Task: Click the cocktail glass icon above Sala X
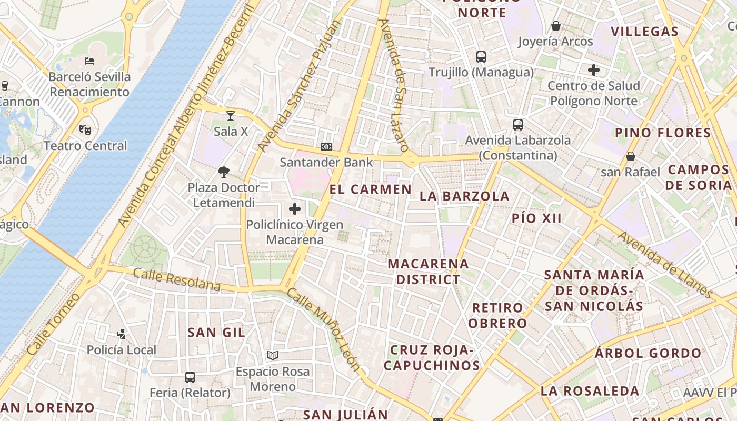pos(231,116)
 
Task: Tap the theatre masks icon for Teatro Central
pos(85,129)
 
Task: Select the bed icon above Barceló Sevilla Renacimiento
pos(89,61)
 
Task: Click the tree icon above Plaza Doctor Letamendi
pos(224,172)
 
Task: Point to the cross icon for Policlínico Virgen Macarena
pos(295,209)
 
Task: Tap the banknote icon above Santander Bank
pos(326,147)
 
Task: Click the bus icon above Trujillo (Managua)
pos(481,57)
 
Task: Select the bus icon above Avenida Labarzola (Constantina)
pos(518,125)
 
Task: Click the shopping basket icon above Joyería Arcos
pos(555,26)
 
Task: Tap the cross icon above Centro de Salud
pos(594,70)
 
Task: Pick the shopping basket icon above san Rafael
pos(630,156)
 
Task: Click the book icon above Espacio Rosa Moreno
pos(272,356)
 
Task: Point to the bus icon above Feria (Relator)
pos(190,377)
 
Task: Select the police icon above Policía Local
pos(122,334)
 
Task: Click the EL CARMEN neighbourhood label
pos(371,189)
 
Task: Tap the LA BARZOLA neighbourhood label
pos(464,196)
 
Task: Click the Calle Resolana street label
pos(176,279)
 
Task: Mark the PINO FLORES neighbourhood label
pos(663,133)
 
